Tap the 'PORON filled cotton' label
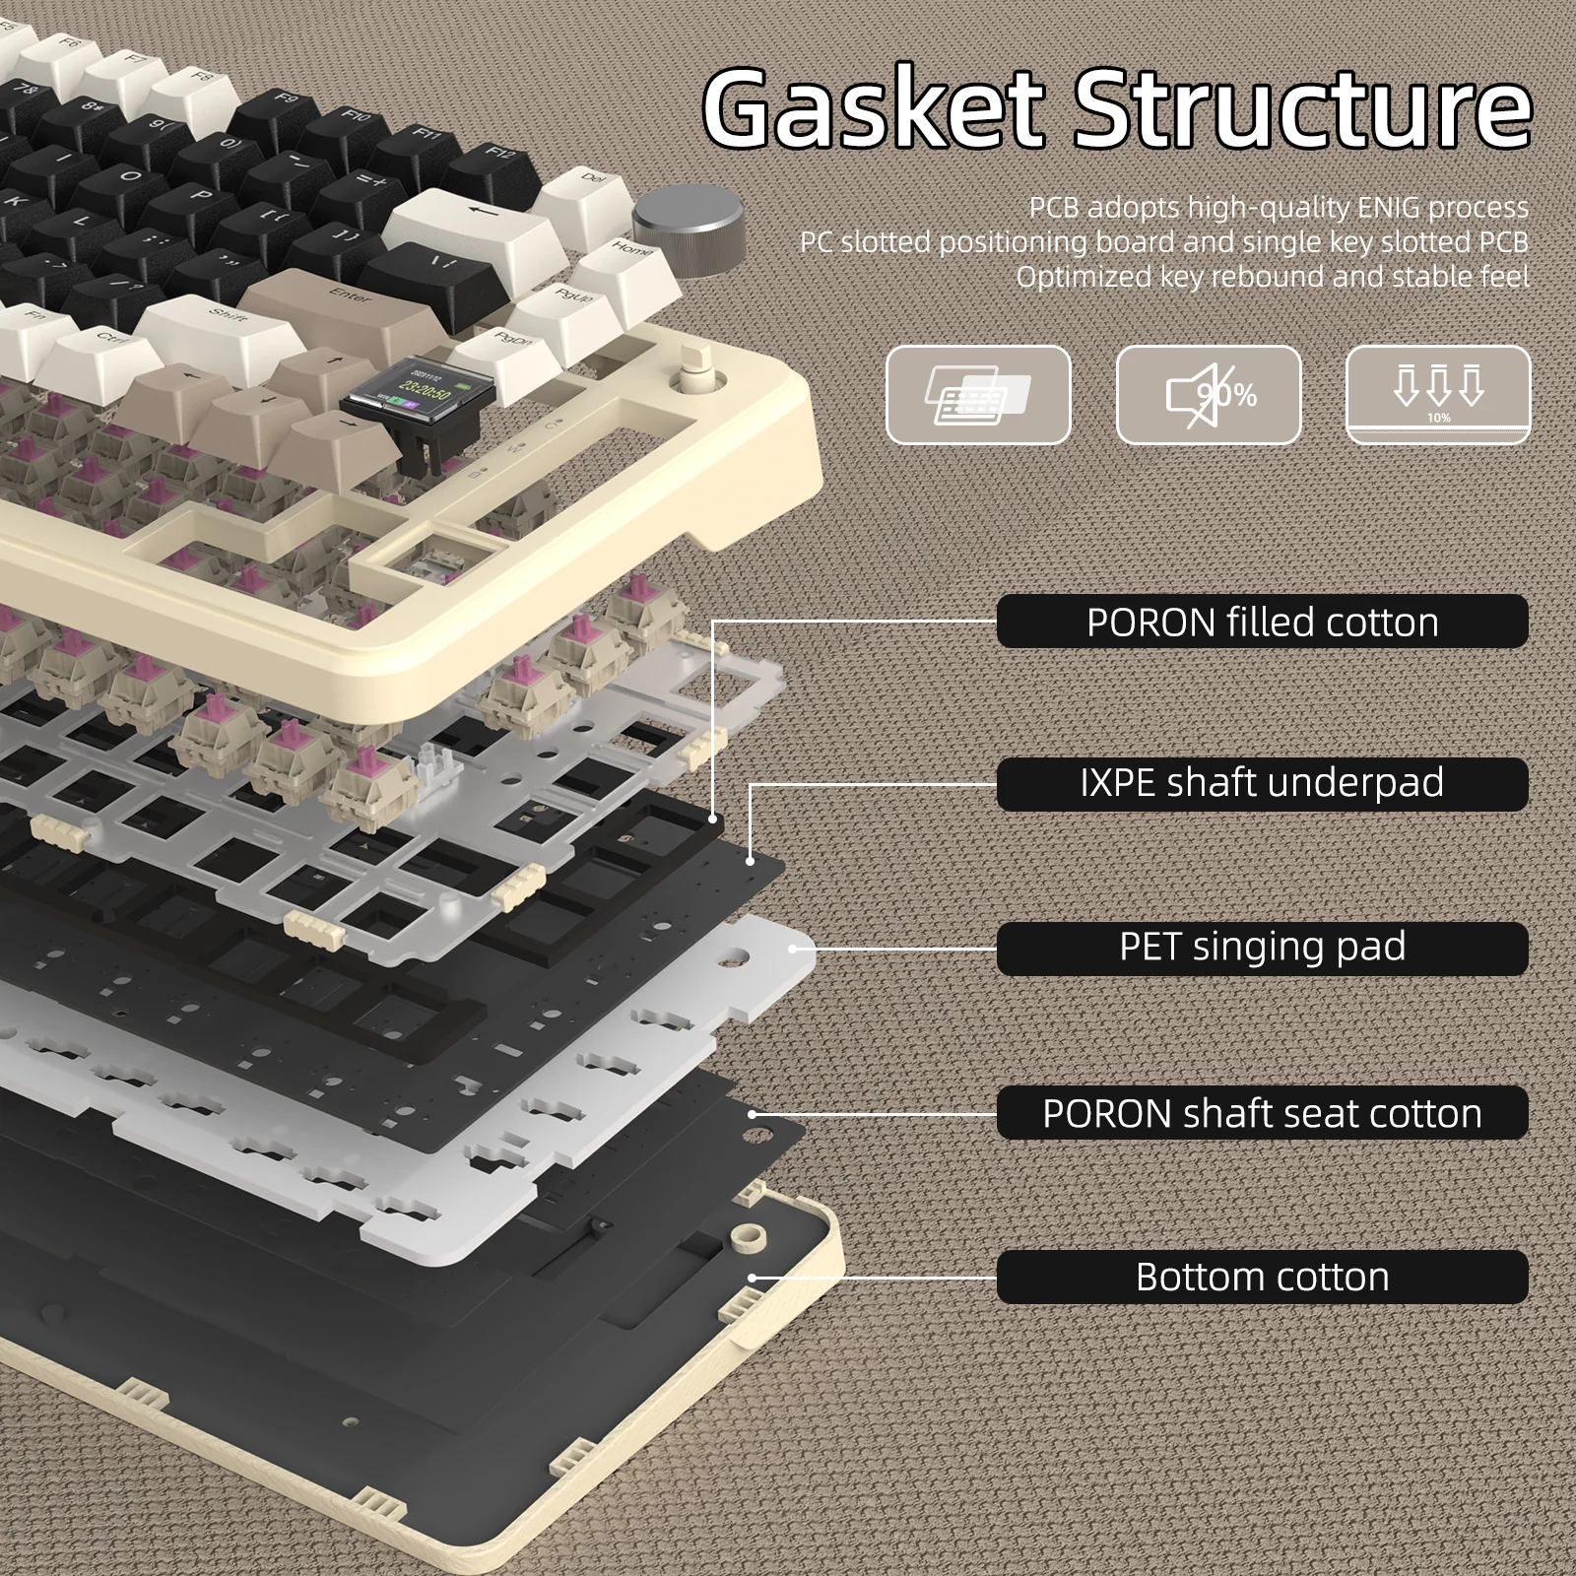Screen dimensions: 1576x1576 pos(1262,622)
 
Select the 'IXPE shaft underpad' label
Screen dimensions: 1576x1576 pos(1262,783)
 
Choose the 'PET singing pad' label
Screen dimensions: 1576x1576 pos(1262,948)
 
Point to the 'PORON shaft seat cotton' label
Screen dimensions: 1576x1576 pos(1262,1113)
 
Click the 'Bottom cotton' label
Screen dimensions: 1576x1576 pos(1262,1277)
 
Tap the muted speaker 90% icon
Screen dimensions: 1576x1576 pos(1209,395)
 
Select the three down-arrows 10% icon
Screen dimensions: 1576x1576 pos(1438,394)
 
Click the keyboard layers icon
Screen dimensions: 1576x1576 pos(978,395)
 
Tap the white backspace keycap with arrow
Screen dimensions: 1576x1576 pos(473,222)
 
